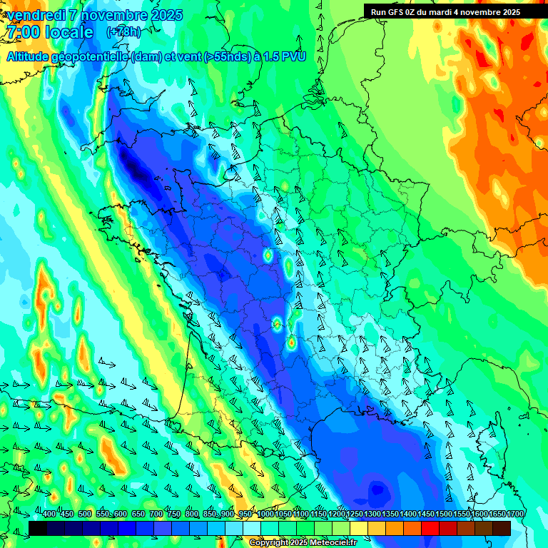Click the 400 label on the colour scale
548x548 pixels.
point(49,514)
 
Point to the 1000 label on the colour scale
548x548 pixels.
point(265,514)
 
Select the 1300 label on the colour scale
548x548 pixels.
point(373,514)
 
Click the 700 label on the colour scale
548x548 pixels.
point(156,514)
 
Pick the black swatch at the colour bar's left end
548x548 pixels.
point(38,528)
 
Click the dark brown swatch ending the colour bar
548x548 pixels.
point(502,528)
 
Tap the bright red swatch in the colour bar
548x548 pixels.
point(430,528)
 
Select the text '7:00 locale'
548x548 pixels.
point(49,33)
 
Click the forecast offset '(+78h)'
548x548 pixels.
point(123,32)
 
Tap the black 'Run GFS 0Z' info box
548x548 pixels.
point(445,12)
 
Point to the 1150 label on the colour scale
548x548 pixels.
point(319,514)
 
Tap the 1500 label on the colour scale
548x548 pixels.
point(445,514)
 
